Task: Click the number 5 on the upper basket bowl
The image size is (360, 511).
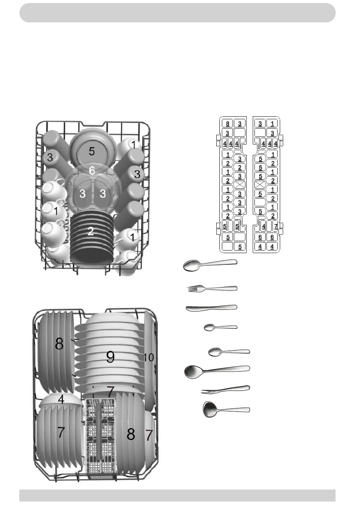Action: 91,151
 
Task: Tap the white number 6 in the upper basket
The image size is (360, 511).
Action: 92,170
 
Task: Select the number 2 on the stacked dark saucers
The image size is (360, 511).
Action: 91,231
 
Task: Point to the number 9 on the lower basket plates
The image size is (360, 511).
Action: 110,357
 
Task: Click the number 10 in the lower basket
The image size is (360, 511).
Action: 148,357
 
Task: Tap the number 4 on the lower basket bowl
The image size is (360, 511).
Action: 61,399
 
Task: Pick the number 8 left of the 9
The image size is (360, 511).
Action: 59,344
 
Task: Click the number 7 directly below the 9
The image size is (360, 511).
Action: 111,391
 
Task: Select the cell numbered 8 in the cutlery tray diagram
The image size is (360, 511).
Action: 227,124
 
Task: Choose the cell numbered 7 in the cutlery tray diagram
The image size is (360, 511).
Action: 275,226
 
